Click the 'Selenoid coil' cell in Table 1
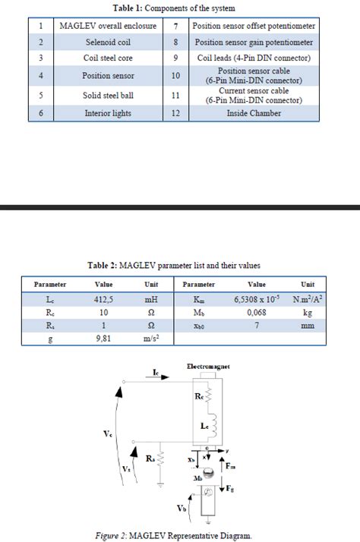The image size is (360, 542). [x=108, y=43]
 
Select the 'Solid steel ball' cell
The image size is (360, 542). [x=108, y=96]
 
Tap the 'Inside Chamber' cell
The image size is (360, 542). [x=254, y=113]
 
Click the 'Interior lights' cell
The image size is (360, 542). [x=108, y=113]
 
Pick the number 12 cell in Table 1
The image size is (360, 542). [x=175, y=113]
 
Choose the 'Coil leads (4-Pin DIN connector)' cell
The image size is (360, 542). [x=254, y=58]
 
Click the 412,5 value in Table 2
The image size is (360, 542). [x=103, y=300]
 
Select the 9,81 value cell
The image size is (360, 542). [x=103, y=339]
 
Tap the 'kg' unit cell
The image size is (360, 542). [x=308, y=313]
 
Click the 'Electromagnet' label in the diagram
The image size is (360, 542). [x=208, y=367]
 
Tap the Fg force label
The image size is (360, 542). [x=229, y=490]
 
